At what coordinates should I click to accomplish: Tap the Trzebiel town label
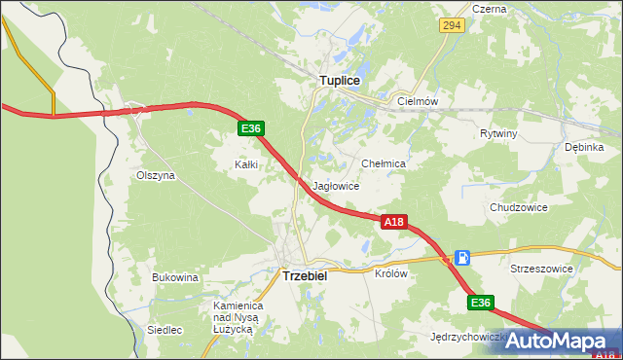(305, 275)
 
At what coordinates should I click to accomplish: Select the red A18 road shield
(393, 223)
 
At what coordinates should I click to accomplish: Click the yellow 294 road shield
(450, 26)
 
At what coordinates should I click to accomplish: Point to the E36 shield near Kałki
(250, 128)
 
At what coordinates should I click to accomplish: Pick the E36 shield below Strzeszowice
(480, 304)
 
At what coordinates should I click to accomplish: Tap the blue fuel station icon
(463, 258)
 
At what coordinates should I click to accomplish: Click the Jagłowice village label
(337, 185)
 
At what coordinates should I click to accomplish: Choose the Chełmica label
(383, 164)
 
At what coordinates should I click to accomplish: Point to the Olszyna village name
(155, 176)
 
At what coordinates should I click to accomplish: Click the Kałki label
(246, 164)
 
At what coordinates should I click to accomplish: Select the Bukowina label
(175, 277)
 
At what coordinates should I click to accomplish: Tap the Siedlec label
(165, 330)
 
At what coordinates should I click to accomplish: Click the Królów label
(390, 273)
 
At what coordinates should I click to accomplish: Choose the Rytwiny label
(498, 133)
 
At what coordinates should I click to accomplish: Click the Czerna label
(489, 9)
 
